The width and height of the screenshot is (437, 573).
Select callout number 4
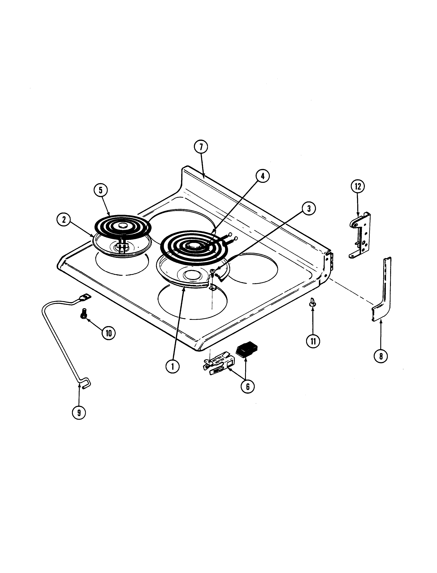coord(263,176)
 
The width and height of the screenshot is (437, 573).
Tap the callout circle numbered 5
coord(100,190)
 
